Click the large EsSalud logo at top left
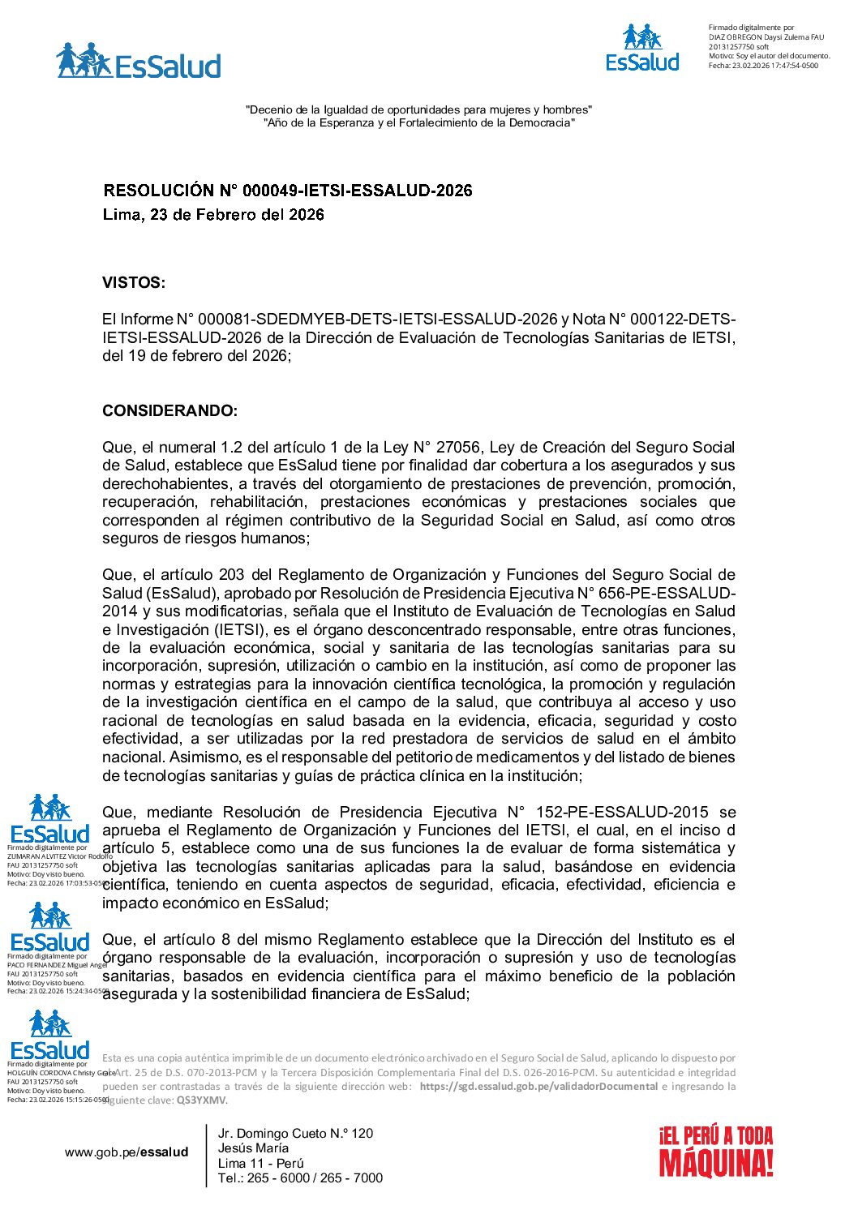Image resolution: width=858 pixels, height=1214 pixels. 139,62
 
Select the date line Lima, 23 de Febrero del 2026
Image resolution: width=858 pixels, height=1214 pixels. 213,215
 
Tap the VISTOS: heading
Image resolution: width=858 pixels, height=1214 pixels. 134,283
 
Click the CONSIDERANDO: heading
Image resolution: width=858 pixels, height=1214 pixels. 170,411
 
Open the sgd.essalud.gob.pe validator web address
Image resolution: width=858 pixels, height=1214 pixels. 538,1087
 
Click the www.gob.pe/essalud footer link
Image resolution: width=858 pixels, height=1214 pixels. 127,1152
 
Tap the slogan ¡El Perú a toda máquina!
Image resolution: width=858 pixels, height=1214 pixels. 716,1152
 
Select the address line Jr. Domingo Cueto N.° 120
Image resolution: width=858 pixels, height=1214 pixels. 295,1134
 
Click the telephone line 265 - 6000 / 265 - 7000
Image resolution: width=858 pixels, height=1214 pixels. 300,1178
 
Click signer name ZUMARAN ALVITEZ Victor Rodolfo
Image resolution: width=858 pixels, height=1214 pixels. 60,856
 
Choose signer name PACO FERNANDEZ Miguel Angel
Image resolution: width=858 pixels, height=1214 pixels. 58,965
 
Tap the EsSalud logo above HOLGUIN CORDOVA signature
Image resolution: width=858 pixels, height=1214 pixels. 50,1036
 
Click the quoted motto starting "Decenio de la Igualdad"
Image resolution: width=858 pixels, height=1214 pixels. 419,109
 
